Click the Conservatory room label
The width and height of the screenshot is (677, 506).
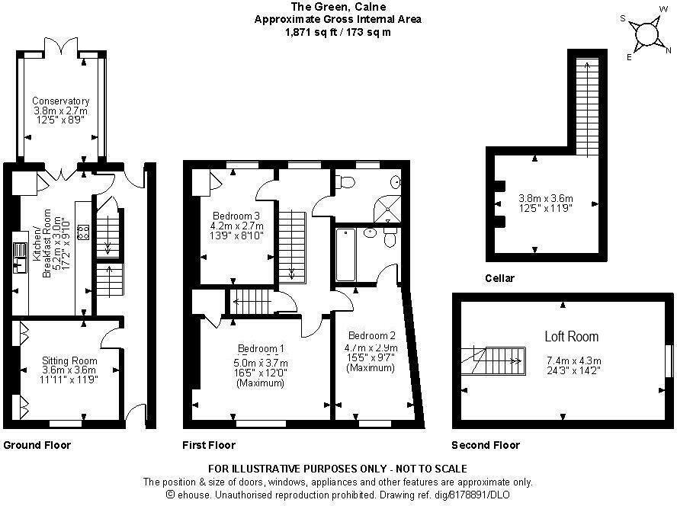[x=61, y=101]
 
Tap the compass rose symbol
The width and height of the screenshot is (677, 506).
[x=647, y=34]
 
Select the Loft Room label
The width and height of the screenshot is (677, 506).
[x=571, y=336]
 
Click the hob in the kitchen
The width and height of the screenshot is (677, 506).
[x=82, y=232]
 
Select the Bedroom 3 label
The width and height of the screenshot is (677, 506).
[x=237, y=215]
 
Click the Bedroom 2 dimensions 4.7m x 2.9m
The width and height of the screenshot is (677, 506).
[x=371, y=347]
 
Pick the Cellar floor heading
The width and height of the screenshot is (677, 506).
[x=499, y=278]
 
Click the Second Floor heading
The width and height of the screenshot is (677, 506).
[x=485, y=445]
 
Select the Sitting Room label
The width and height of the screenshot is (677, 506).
[x=69, y=360]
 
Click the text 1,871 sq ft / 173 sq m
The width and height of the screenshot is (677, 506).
[x=338, y=32]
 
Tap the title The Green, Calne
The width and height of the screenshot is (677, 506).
[x=338, y=7]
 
